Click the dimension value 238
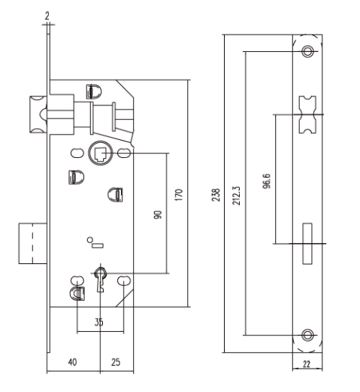216,195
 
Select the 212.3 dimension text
236,196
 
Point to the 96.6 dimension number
267,181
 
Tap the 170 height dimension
179,195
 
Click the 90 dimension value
158,214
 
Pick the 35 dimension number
98,322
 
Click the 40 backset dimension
73,362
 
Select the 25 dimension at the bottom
116,362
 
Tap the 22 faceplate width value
307,364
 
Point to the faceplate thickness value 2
47,16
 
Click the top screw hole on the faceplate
307,51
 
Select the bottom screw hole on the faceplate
307,335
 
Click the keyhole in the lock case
100,279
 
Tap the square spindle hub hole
101,153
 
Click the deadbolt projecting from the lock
33,243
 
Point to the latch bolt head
38,114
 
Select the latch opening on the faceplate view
307,114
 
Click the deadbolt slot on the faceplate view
307,243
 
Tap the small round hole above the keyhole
89,240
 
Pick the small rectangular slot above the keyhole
98,245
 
